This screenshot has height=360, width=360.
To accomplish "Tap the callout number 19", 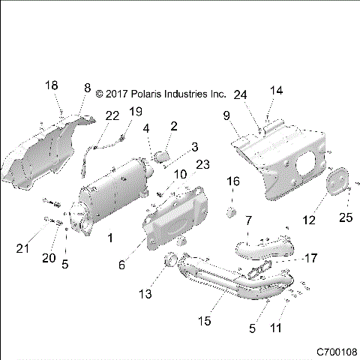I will point(135,111).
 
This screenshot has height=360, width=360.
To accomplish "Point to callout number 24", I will point(240,94).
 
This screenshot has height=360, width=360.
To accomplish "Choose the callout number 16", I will point(233,181).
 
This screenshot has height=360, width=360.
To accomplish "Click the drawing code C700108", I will point(335,351).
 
